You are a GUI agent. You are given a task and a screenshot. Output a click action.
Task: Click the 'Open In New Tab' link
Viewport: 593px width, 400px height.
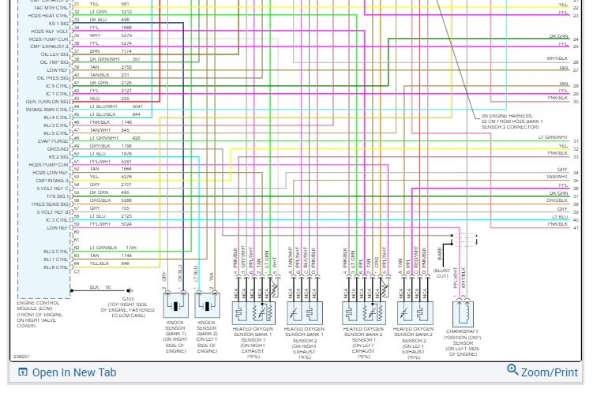point(73,372)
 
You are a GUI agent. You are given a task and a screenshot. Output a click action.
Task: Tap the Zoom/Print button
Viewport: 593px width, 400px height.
point(542,372)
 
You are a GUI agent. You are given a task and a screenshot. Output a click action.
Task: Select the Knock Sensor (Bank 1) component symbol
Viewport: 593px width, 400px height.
point(175,304)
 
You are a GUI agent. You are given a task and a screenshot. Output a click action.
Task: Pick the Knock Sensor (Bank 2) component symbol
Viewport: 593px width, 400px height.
point(206,304)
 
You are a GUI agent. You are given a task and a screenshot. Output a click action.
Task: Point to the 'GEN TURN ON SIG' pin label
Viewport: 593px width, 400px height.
point(49,101)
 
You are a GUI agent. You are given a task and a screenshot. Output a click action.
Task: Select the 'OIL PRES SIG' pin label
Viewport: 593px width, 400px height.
point(52,77)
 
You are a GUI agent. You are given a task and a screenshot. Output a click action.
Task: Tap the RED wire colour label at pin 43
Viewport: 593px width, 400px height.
point(95,99)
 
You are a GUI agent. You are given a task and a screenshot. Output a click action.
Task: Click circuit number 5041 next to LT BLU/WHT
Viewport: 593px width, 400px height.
point(137,107)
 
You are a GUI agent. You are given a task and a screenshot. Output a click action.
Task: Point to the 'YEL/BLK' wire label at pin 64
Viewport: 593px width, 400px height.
point(99,264)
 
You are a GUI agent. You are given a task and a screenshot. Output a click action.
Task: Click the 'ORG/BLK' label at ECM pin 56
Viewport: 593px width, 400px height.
point(100,200)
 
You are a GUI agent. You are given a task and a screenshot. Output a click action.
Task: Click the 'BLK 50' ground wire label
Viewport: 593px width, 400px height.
point(100,287)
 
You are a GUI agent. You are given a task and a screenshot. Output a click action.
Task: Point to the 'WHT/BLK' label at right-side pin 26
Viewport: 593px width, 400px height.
point(557,58)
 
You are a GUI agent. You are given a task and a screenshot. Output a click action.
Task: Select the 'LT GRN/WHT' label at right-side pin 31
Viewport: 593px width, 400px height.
point(553,137)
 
